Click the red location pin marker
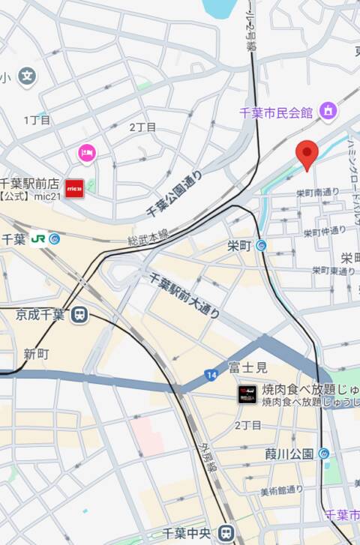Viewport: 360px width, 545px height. [307, 154]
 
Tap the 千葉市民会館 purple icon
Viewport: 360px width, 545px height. [328, 112]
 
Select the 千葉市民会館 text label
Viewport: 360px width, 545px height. [275, 112]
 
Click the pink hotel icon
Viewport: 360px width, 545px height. [87, 153]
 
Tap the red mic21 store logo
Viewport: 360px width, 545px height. [74, 187]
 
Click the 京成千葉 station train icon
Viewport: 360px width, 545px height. [79, 316]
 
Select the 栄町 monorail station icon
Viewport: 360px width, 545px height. [261, 245]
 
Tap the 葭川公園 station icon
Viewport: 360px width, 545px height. [323, 453]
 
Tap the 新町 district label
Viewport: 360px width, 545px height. [35, 353]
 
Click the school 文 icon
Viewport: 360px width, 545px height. [28, 76]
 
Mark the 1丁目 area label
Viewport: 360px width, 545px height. [37, 120]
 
